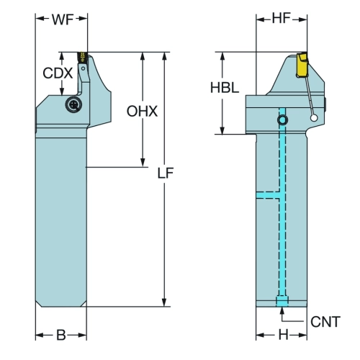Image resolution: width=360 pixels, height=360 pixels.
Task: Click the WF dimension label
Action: [x=63, y=19]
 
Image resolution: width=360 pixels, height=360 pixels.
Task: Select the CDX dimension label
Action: [x=58, y=73]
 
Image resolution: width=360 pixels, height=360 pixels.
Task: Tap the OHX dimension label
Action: [x=142, y=112]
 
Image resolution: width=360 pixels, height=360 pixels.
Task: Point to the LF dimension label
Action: [x=166, y=173]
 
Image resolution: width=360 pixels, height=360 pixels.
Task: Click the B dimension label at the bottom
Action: [x=61, y=335]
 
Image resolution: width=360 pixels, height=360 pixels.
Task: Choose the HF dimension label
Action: [x=282, y=18]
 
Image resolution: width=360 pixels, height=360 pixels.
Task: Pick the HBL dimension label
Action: [x=225, y=88]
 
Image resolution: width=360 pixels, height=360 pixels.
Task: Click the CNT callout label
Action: [x=325, y=322]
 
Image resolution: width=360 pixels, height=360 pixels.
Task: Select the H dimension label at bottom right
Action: [x=284, y=335]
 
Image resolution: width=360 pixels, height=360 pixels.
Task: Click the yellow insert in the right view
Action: [x=302, y=65]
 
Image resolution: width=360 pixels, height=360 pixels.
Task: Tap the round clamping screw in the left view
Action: [x=73, y=104]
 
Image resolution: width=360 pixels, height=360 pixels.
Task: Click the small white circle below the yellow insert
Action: [x=314, y=118]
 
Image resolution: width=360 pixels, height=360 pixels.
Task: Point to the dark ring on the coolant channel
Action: [x=282, y=120]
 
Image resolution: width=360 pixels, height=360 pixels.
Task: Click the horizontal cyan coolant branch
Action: [x=268, y=195]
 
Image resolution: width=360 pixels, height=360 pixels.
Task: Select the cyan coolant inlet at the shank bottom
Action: [x=282, y=302]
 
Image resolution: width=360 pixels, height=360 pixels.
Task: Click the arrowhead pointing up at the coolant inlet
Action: [x=282, y=311]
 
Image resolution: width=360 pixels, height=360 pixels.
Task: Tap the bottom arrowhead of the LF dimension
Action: [x=164, y=302]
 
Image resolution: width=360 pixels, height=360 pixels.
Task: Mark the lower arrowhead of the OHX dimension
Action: [x=143, y=162]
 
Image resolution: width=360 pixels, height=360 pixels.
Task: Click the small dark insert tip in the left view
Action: [x=82, y=57]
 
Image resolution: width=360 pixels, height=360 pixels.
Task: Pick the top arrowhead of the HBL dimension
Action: [x=222, y=56]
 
